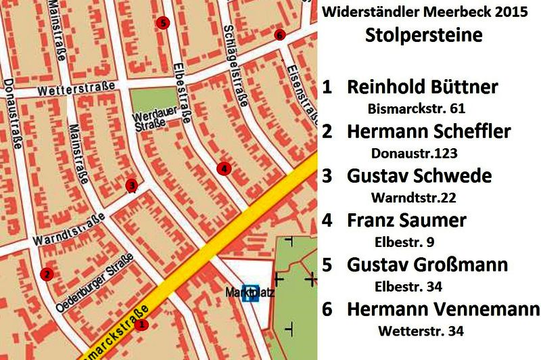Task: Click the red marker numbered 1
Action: click(x=141, y=324)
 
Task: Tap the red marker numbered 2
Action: click(x=46, y=274)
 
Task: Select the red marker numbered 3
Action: click(x=131, y=184)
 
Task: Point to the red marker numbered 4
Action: click(x=224, y=168)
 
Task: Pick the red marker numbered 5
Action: click(x=162, y=23)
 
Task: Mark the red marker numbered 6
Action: click(x=279, y=35)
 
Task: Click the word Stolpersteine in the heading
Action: click(x=424, y=35)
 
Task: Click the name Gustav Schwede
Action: click(x=428, y=176)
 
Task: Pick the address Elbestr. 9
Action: click(x=408, y=242)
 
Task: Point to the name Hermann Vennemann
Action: click(x=443, y=309)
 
